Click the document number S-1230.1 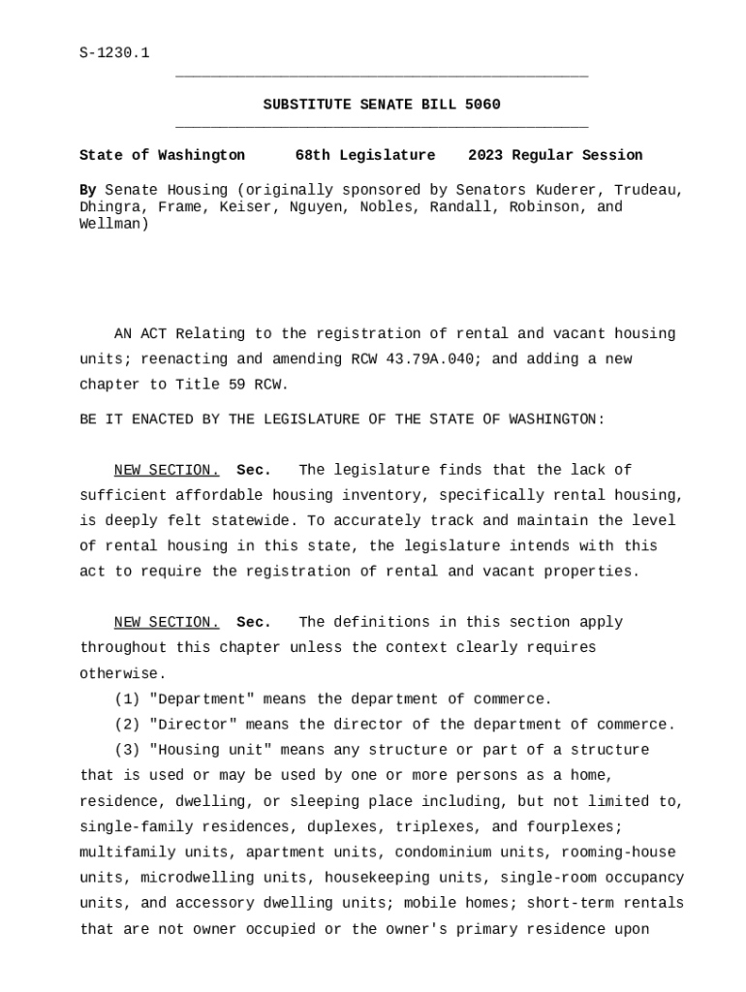click(x=114, y=53)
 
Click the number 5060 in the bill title click(x=482, y=105)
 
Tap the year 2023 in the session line click(x=485, y=155)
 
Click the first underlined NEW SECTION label click(x=167, y=471)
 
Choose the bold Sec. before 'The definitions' click(x=254, y=623)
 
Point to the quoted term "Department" click(x=202, y=699)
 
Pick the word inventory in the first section click(x=387, y=496)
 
